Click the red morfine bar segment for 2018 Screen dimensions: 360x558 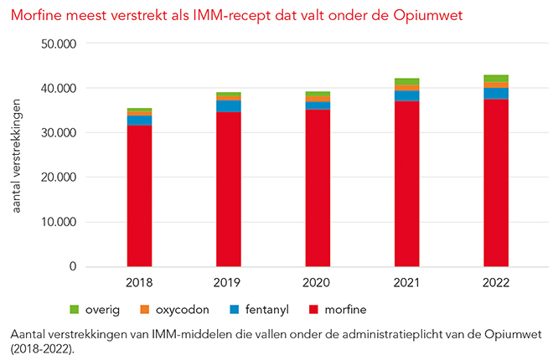(x=139, y=196)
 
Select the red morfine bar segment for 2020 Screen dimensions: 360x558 (x=318, y=188)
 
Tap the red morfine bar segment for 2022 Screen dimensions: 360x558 (x=495, y=183)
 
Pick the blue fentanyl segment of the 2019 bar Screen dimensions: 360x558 (x=229, y=106)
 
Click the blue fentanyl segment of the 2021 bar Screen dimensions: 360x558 (x=406, y=96)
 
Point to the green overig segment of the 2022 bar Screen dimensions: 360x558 (x=495, y=79)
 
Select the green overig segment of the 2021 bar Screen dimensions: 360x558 (x=406, y=82)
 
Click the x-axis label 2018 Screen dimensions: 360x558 (x=139, y=283)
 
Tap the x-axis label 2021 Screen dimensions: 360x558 (x=406, y=283)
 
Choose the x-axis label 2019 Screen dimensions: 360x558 (x=229, y=283)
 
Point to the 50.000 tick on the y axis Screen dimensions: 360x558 (x=59, y=44)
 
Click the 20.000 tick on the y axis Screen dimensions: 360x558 (x=59, y=177)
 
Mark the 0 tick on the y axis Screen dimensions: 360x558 (x=74, y=267)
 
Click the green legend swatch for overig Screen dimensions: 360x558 (x=75, y=310)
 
